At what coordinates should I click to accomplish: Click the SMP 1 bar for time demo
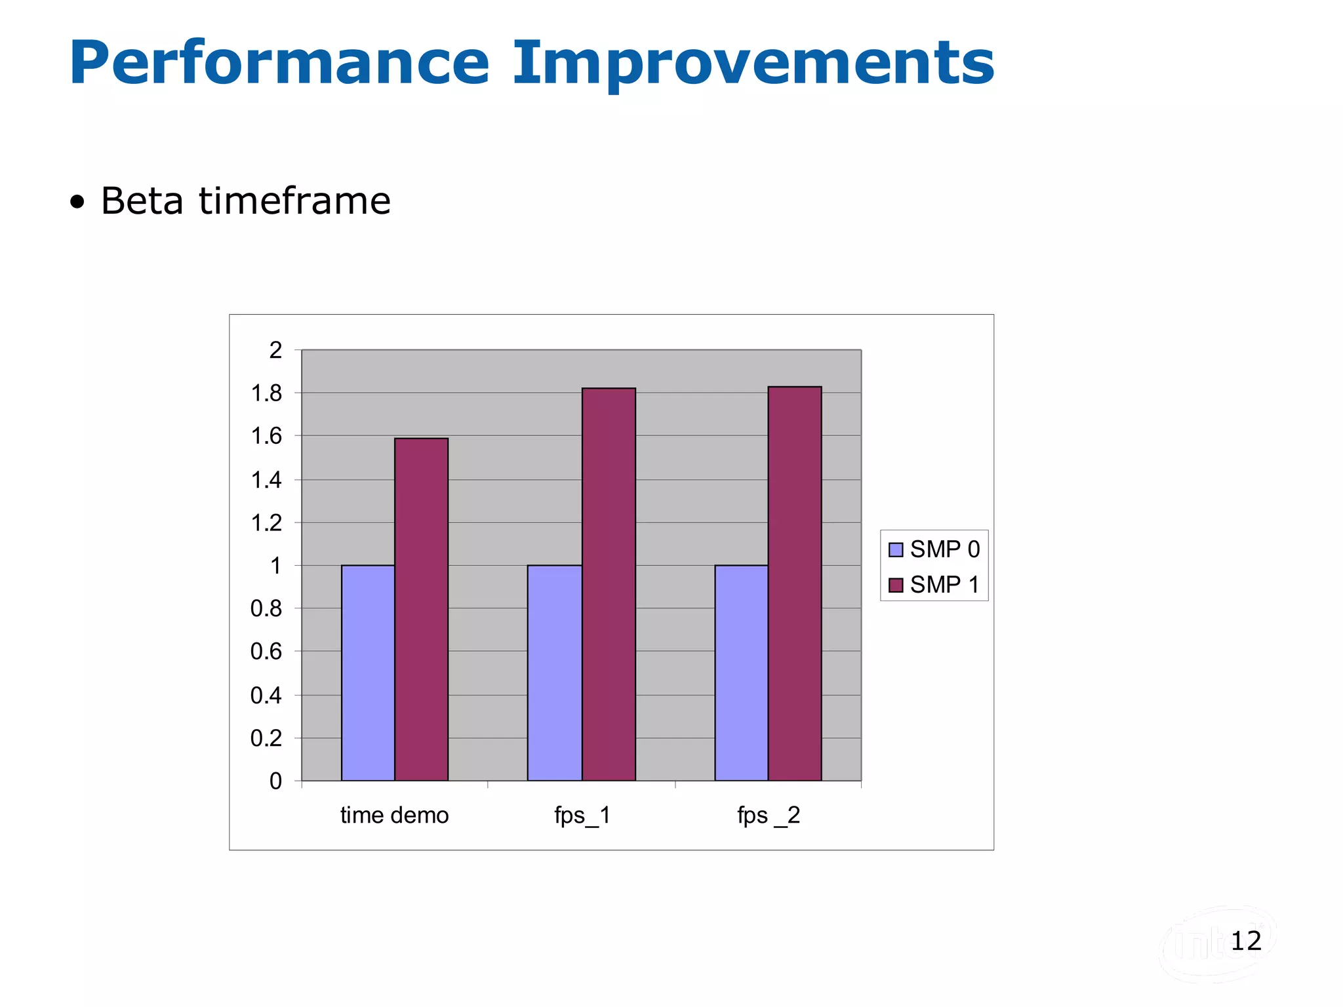click(x=421, y=609)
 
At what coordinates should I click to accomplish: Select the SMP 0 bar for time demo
click(x=368, y=673)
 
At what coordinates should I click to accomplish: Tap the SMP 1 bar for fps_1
click(x=609, y=584)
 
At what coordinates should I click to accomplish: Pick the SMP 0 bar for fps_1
click(x=555, y=673)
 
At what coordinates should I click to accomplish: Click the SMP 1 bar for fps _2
click(x=795, y=583)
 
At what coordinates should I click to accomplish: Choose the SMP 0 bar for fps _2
click(x=742, y=673)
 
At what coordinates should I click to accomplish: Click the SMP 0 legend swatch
click(x=896, y=549)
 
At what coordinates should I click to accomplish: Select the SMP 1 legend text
click(x=944, y=584)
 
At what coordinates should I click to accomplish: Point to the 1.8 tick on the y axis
click(x=266, y=393)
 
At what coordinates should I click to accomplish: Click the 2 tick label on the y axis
click(x=275, y=350)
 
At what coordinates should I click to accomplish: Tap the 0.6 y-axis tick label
click(x=266, y=652)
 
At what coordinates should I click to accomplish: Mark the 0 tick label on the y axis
click(x=275, y=781)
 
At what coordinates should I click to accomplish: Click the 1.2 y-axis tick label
click(x=266, y=523)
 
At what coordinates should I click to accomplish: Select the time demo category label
click(x=394, y=815)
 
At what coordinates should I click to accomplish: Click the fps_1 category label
click(x=582, y=815)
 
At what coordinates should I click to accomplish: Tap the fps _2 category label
click(x=769, y=815)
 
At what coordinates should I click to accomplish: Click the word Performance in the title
click(x=279, y=64)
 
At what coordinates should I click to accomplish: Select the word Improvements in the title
click(x=753, y=64)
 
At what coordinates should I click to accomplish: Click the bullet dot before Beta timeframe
click(x=77, y=203)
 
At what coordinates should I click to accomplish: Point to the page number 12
click(x=1245, y=941)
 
